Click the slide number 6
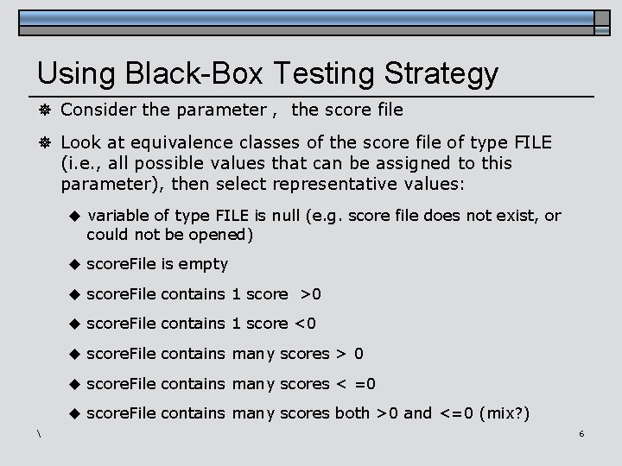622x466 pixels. (x=581, y=432)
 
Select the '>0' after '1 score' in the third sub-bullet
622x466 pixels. (x=310, y=293)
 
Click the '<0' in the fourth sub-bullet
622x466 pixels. (x=305, y=324)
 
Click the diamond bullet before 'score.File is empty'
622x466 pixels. (x=74, y=263)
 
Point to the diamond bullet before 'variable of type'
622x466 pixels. (x=74, y=215)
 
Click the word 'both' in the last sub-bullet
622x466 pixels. (x=352, y=412)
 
